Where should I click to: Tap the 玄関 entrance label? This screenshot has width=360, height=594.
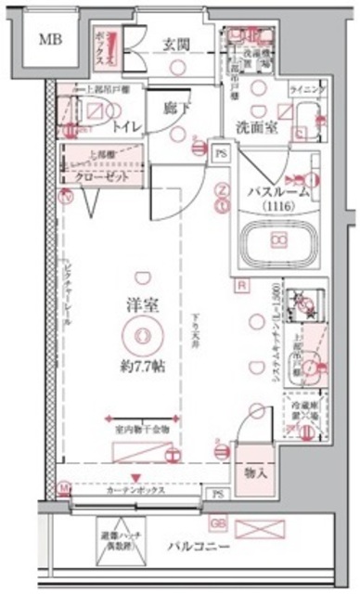177,43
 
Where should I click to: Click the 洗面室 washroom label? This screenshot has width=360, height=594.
254,129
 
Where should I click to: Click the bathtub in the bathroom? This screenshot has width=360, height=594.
278,239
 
